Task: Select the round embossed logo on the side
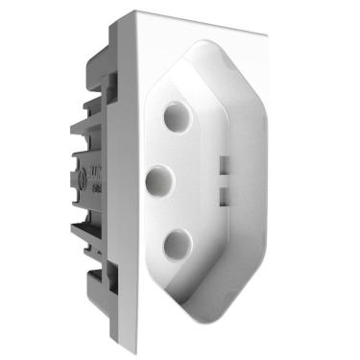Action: tap(97, 178)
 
